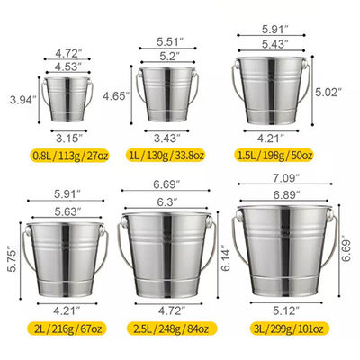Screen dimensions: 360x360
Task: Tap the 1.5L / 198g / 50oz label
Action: pyautogui.click(x=274, y=156)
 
